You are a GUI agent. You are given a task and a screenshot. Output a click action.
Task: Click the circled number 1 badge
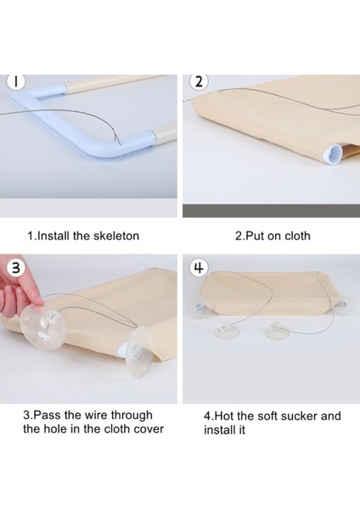(16, 81)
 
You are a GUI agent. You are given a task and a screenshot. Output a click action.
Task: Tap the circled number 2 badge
(199, 81)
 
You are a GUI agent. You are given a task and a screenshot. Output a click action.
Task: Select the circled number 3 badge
(16, 268)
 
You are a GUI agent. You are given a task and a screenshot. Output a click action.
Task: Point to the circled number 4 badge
(199, 268)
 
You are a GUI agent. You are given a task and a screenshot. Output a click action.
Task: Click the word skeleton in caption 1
(116, 236)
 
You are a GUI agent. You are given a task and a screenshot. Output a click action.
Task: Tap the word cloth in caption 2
(297, 236)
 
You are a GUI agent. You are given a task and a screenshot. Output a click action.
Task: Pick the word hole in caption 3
(54, 428)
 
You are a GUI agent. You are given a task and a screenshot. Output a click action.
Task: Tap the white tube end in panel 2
(334, 155)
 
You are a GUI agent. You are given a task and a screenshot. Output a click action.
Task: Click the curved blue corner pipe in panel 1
(75, 124)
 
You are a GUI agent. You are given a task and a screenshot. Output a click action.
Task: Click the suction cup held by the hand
(43, 327)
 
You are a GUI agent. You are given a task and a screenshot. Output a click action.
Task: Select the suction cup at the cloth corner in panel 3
(138, 353)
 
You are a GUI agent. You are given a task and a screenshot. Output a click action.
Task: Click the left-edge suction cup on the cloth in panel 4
(198, 309)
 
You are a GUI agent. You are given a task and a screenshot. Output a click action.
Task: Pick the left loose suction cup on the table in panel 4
(228, 331)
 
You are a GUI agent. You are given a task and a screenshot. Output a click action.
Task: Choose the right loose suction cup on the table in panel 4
(278, 331)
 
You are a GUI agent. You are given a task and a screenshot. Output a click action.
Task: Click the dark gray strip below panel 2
(272, 211)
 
